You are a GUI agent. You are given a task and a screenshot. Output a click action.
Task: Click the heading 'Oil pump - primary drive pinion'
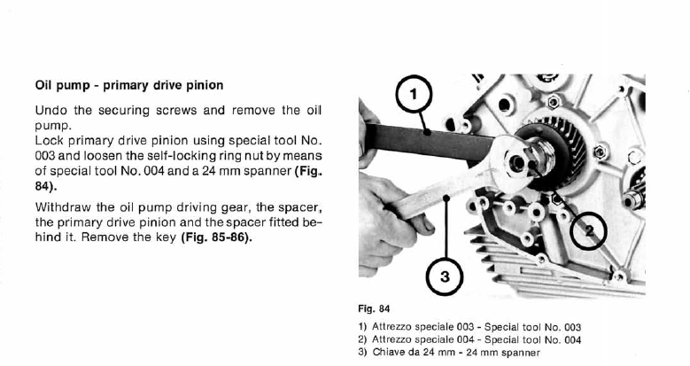(x=128, y=86)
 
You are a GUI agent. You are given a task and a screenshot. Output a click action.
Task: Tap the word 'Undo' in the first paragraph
(x=51, y=112)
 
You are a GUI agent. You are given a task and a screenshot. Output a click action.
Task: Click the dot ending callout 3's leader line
(x=446, y=199)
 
